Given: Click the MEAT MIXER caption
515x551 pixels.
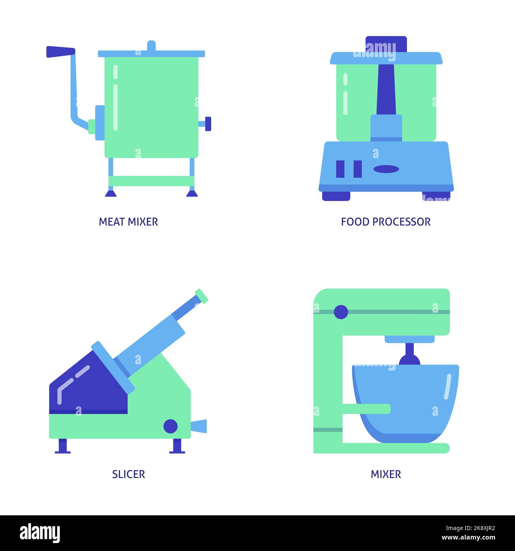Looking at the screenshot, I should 128,222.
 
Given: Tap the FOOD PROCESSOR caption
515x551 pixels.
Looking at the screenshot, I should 385,222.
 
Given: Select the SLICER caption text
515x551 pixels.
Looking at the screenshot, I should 128,474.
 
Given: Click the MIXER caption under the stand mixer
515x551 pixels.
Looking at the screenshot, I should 385,474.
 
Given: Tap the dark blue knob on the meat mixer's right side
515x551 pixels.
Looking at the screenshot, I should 207,124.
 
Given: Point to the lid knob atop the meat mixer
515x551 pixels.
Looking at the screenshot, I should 151,46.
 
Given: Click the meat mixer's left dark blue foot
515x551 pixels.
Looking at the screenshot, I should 111,193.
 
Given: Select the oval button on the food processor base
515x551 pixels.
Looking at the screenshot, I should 386,168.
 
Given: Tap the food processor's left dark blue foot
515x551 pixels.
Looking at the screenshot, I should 336,196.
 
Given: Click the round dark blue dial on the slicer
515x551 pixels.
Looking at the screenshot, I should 171,426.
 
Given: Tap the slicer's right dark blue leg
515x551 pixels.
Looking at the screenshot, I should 177,446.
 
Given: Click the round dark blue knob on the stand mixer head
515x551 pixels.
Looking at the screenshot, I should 341,312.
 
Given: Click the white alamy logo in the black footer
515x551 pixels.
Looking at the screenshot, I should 40,533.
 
